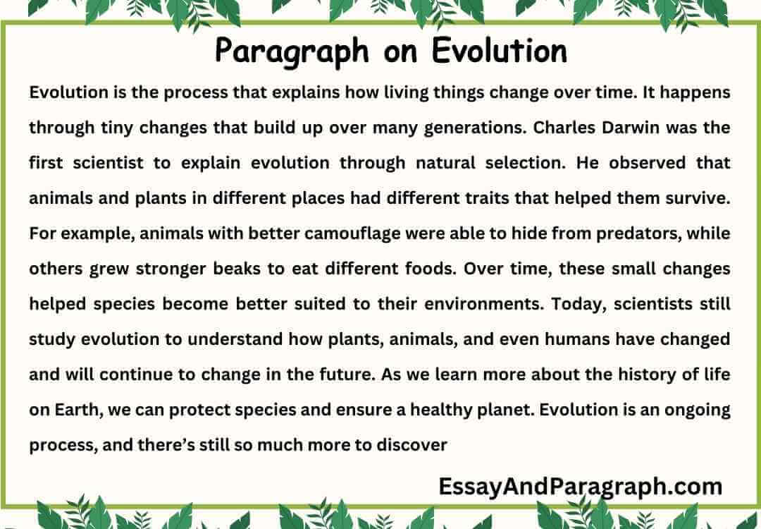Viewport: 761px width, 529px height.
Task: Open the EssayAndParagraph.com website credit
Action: click(x=580, y=487)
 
